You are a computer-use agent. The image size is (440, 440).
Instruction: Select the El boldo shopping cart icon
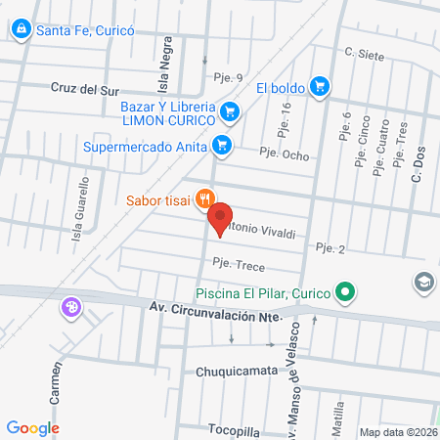tap(319, 87)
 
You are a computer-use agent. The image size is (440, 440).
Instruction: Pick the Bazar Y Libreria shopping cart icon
tap(229, 112)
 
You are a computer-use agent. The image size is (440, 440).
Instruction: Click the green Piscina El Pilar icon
tap(344, 291)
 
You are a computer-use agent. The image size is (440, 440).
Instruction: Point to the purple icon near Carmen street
tap(70, 308)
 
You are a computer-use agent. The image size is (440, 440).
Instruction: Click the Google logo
tap(32, 427)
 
